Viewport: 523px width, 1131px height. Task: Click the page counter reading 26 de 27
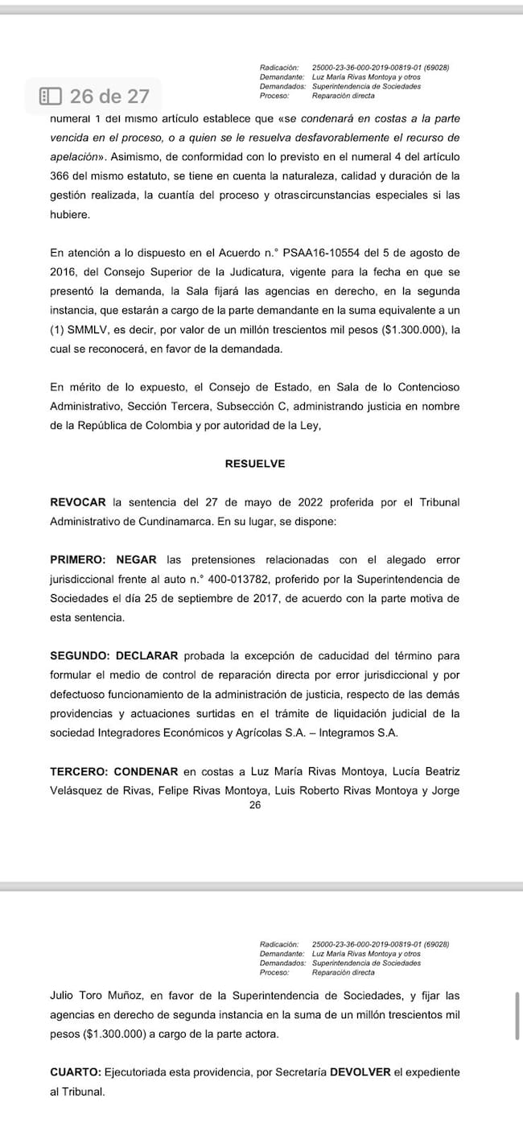[x=109, y=97]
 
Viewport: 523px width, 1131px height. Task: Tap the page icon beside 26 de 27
[x=50, y=97]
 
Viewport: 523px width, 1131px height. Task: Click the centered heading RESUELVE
[x=255, y=464]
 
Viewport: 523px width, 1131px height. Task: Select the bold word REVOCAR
[x=77, y=502]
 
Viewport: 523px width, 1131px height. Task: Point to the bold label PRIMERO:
[x=79, y=559]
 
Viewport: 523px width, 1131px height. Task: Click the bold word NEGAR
[x=137, y=559]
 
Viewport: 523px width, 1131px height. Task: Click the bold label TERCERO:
[x=79, y=770]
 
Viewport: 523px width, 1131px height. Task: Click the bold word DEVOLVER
[x=360, y=1072]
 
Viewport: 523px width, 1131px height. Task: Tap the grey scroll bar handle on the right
[x=517, y=1016]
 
